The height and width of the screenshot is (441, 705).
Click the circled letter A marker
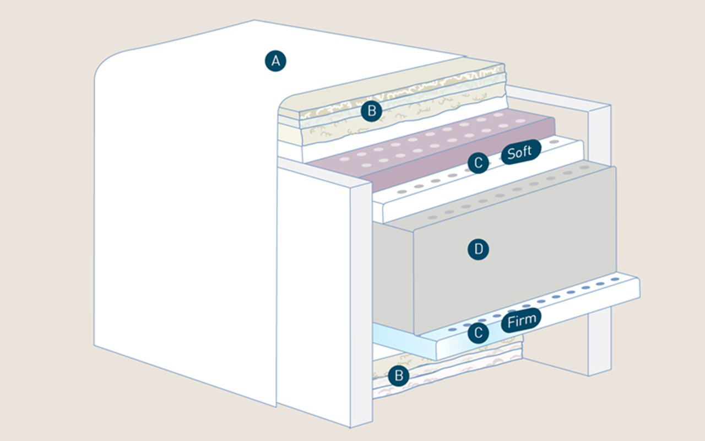pos(276,61)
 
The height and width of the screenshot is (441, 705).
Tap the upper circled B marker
pos(371,111)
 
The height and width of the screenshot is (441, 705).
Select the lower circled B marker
pos(398,377)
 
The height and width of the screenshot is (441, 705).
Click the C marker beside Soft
pos(478,163)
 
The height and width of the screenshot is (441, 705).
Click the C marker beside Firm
pos(478,333)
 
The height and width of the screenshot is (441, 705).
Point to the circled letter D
pos(478,250)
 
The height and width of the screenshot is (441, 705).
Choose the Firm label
pos(521,321)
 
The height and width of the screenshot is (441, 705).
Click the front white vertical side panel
pos(314,298)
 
